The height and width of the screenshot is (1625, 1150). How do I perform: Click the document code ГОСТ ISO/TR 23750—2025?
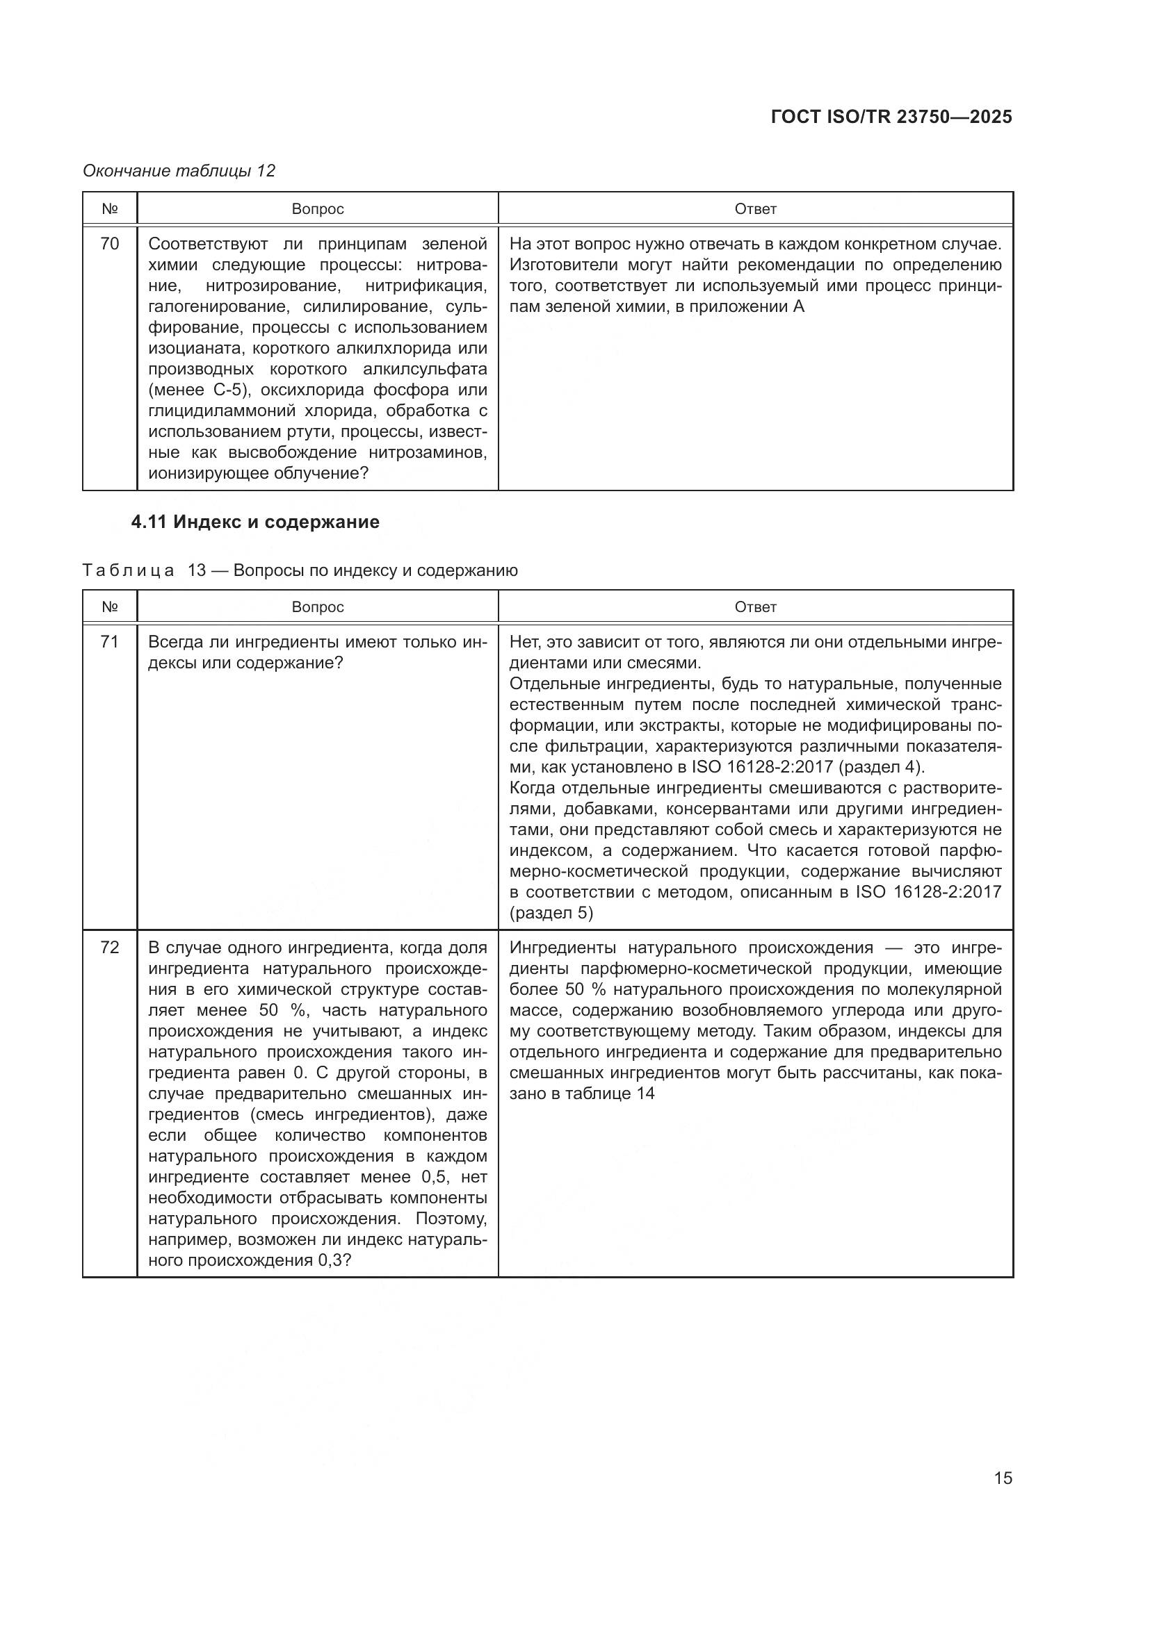click(x=891, y=117)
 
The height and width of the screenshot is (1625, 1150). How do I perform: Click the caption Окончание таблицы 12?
click(x=179, y=171)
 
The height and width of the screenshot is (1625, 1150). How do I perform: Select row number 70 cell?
click(x=110, y=244)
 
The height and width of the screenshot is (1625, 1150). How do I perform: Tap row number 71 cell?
click(x=110, y=642)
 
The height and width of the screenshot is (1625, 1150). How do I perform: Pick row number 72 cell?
click(x=110, y=948)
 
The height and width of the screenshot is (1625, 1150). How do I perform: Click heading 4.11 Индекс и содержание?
click(x=255, y=522)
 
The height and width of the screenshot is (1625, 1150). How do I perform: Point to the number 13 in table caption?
click(x=197, y=570)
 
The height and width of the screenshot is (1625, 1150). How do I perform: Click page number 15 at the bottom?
click(x=1003, y=1478)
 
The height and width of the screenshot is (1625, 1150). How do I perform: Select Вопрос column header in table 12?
click(x=317, y=209)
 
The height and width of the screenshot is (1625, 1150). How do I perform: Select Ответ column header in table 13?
click(x=756, y=607)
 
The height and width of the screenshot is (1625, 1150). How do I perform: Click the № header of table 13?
click(x=110, y=607)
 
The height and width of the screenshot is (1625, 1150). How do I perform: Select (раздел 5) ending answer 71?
click(x=551, y=913)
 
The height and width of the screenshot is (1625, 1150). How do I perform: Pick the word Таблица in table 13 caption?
click(x=128, y=570)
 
